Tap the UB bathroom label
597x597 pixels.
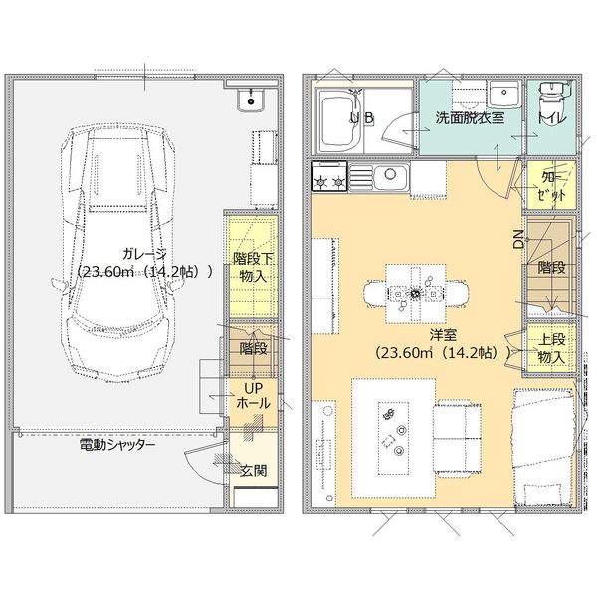(x=362, y=117)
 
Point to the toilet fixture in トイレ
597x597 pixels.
(x=548, y=102)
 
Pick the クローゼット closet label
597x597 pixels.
(x=552, y=187)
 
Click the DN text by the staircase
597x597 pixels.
(x=518, y=239)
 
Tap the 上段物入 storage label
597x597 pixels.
(x=551, y=349)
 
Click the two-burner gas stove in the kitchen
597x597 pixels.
(x=328, y=179)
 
